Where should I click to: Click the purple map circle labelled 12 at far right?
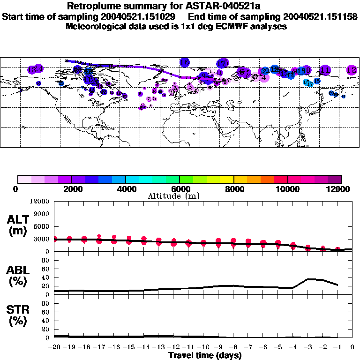point(352,70)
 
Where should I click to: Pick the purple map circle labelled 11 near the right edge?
point(324,70)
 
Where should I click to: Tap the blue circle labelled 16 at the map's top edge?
point(185,62)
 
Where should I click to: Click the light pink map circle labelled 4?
point(264,77)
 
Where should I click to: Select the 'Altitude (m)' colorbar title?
point(173,196)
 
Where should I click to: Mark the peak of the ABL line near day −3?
point(308,279)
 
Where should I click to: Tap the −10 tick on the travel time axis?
point(203,347)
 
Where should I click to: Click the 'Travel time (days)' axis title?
point(205,355)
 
